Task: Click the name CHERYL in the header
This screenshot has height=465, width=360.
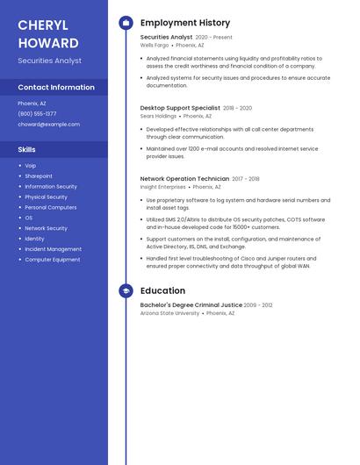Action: (42, 25)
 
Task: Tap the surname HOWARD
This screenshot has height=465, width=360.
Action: (47, 43)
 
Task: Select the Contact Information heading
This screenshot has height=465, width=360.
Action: (56, 88)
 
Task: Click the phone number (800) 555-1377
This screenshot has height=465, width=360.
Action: (37, 114)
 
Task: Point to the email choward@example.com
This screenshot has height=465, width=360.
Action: (48, 125)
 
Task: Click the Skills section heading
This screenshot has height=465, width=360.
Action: (27, 150)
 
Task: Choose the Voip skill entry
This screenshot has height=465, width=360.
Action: (31, 166)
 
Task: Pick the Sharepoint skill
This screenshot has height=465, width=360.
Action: (39, 176)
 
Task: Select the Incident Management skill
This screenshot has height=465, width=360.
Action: (53, 249)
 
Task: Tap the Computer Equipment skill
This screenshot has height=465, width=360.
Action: (52, 260)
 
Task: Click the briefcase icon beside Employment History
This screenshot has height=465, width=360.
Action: (126, 23)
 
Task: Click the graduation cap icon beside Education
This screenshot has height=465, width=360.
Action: (126, 290)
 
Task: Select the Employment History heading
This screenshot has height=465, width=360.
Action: (185, 23)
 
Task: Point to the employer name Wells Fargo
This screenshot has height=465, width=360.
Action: (154, 45)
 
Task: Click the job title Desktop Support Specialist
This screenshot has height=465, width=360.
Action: (180, 108)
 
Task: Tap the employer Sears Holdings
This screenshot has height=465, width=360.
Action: (158, 116)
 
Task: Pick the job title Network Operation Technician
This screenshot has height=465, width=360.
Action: (184, 179)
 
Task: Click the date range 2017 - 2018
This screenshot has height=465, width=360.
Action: (246, 179)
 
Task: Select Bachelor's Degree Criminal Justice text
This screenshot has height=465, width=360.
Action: (191, 305)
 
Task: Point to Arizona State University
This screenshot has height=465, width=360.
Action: (169, 313)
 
